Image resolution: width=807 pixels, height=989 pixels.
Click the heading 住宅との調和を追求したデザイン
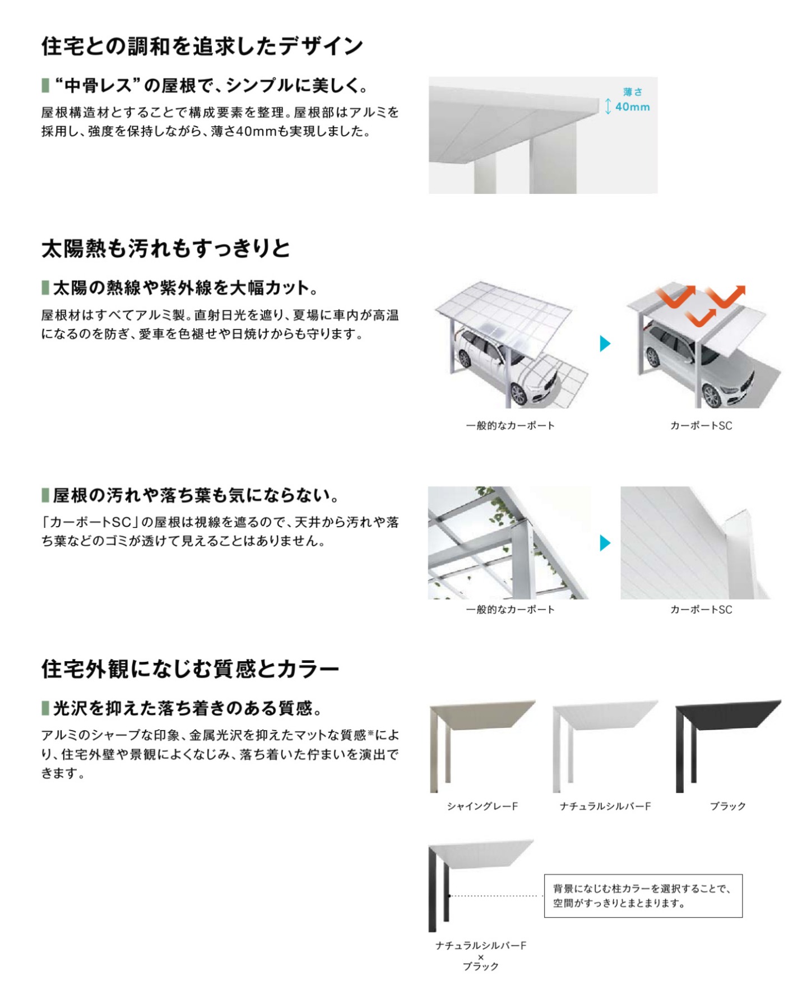click(x=202, y=46)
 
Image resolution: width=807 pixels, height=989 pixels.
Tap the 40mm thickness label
click(x=632, y=106)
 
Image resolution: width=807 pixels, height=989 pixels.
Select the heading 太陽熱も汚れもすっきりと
click(x=165, y=248)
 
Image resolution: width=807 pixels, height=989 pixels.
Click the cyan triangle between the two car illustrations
click(x=605, y=343)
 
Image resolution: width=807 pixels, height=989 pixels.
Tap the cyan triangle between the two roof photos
click(x=605, y=542)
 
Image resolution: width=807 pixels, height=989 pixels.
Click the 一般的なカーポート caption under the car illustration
click(x=510, y=425)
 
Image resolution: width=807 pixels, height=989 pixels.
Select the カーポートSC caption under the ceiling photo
click(x=701, y=609)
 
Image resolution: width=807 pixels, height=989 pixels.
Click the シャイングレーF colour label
click(x=482, y=806)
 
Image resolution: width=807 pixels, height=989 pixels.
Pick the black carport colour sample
click(x=728, y=746)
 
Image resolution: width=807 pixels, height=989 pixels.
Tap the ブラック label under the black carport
click(x=727, y=806)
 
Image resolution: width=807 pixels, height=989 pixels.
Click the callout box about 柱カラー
click(x=643, y=895)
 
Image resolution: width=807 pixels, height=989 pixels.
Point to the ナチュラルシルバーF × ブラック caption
click(x=481, y=955)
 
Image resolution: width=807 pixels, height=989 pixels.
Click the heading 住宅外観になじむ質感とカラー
click(x=190, y=668)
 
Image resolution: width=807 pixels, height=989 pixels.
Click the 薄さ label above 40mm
click(x=633, y=92)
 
